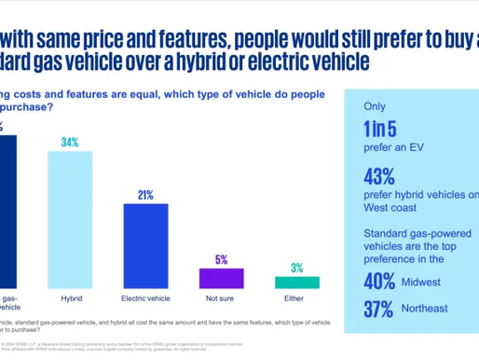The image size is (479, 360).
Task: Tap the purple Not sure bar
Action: [221, 279]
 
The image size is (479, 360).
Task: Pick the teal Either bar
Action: [296, 283]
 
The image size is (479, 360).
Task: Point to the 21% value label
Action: [145, 194]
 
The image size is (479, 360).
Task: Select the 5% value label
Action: [221, 260]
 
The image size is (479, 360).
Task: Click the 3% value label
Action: [296, 268]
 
